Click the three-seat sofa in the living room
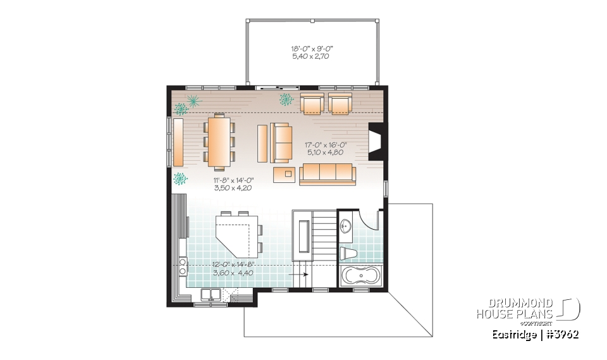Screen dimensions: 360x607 tap(326, 173)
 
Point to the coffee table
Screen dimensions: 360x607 tap(288, 173)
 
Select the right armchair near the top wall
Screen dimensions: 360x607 tap(340, 104)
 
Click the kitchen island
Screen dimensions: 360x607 tap(238, 235)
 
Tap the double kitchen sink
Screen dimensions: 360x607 tap(211, 294)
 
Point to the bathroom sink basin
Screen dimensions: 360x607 tap(346, 226)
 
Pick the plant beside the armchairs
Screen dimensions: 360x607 tap(286, 98)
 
